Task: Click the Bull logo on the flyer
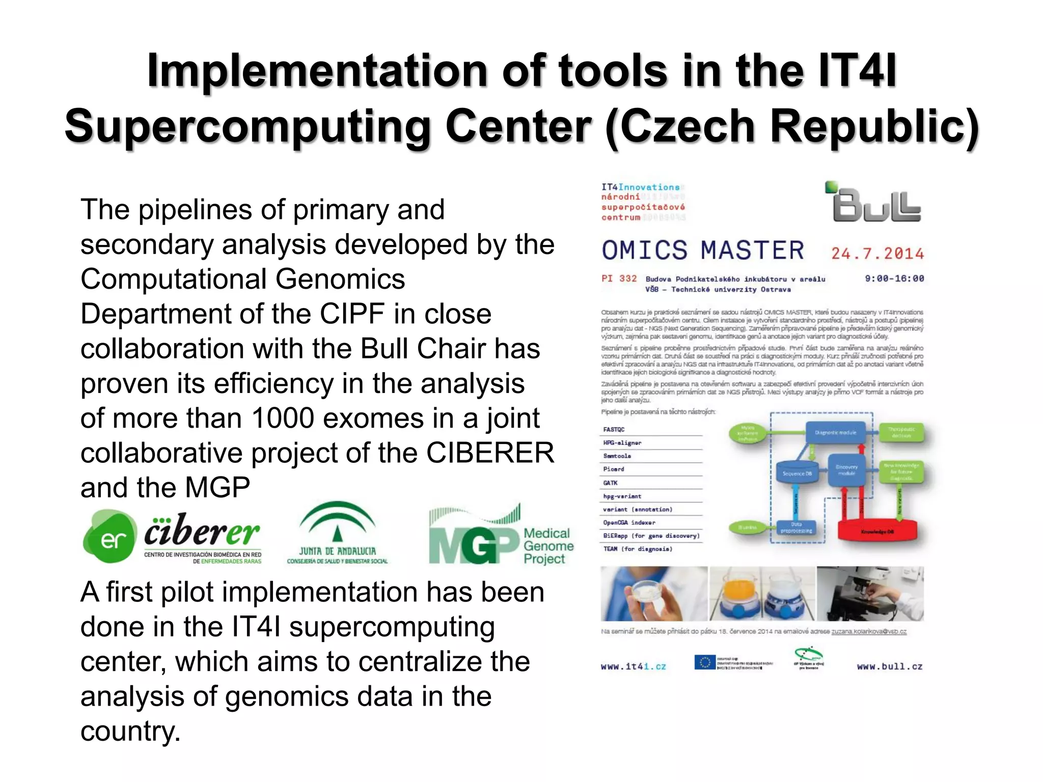tap(875, 204)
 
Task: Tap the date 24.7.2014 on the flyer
tap(877, 254)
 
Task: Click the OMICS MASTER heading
tap(703, 250)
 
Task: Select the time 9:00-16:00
tap(894, 278)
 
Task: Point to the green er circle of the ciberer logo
tap(110, 537)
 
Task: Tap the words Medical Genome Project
tap(548, 546)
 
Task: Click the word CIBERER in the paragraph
tap(490, 453)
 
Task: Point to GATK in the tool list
tap(610, 483)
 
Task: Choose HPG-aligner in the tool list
tap(622, 443)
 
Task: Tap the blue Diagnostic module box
tap(835, 433)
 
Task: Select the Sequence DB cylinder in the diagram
tap(797, 473)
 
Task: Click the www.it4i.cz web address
tap(633, 666)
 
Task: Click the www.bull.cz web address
tap(889, 666)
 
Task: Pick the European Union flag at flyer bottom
tap(705, 662)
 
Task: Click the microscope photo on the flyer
tap(870, 594)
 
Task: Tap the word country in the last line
tap(130, 731)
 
